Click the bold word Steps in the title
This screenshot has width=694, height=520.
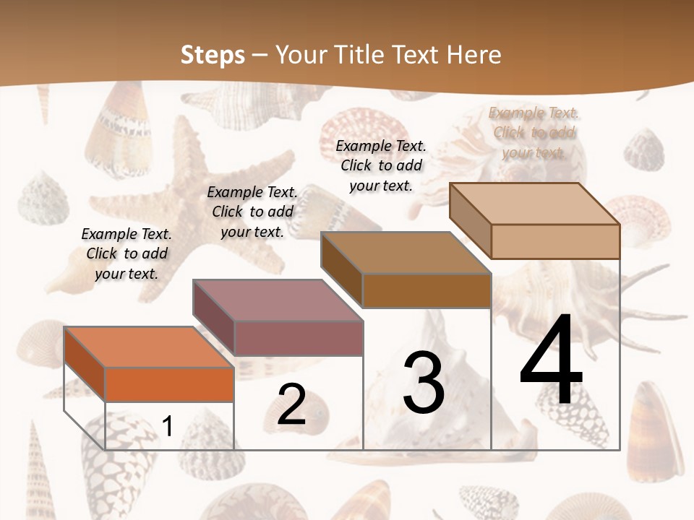213,55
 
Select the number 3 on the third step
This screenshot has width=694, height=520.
424,383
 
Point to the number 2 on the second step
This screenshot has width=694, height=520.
291,404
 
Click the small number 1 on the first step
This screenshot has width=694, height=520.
167,427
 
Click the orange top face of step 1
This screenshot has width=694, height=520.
148,347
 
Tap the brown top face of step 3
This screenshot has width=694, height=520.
406,253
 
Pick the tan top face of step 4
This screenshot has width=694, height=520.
534,204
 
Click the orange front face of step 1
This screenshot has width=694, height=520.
169,384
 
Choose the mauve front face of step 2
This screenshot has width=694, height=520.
299,338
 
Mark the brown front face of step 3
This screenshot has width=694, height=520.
427,290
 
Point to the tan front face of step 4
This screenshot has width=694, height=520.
555,241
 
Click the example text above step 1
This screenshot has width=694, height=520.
127,254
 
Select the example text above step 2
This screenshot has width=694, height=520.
252,212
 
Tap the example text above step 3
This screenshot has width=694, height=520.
381,165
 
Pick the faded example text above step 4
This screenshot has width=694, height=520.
534,132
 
